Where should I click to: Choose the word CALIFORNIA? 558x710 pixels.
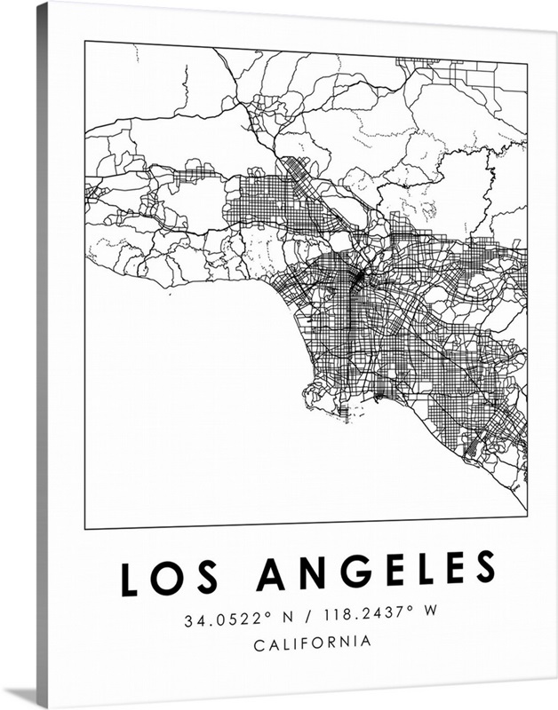pyautogui.click(x=312, y=643)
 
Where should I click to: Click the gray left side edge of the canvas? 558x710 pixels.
pyautogui.click(x=42, y=355)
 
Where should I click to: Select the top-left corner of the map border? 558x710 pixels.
pyautogui.click(x=85, y=41)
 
